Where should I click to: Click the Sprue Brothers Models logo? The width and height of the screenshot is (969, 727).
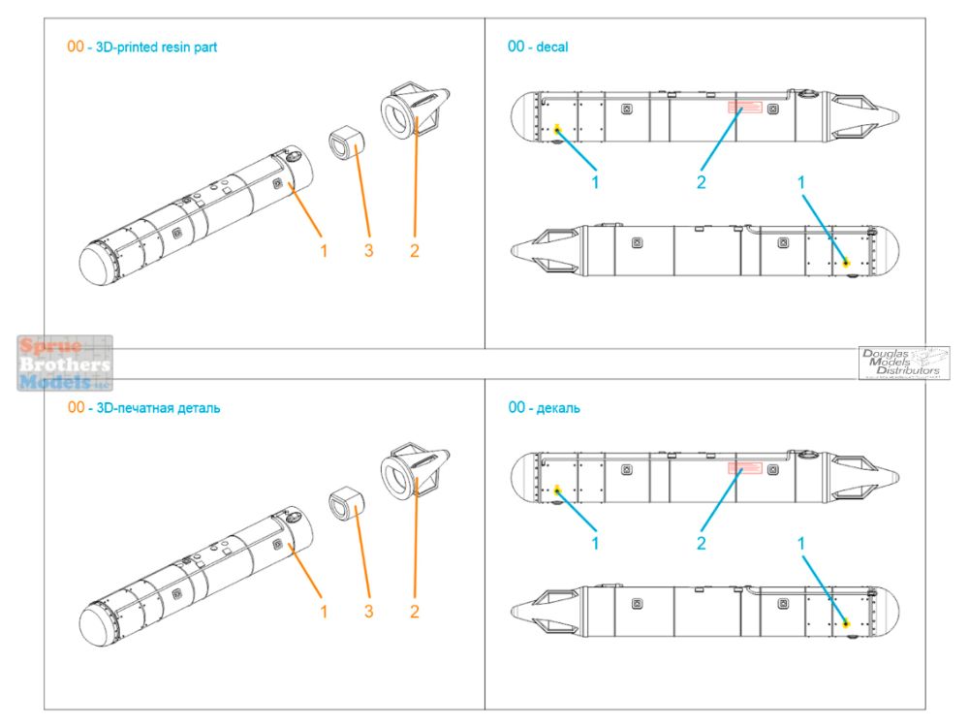(65, 363)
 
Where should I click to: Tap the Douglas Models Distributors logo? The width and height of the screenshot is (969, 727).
(903, 363)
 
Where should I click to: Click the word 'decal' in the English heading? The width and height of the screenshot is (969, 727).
(553, 47)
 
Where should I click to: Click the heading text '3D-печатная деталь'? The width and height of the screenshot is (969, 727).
(156, 408)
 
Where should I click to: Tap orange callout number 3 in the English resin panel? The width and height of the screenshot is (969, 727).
(368, 250)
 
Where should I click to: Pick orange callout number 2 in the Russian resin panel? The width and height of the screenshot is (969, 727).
(414, 612)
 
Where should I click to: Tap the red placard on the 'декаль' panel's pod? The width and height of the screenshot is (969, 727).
(743, 469)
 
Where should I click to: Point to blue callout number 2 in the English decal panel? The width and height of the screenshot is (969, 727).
(702, 182)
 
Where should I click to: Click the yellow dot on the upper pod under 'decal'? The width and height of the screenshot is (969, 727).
(557, 129)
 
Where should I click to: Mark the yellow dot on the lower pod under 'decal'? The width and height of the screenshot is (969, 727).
(846, 262)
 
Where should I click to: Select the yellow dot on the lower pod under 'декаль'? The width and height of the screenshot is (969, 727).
(846, 623)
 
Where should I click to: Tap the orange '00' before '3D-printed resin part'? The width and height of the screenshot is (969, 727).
(76, 47)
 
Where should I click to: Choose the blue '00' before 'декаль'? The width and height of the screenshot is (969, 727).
(516, 408)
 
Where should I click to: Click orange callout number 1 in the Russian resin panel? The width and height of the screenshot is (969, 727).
(324, 612)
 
